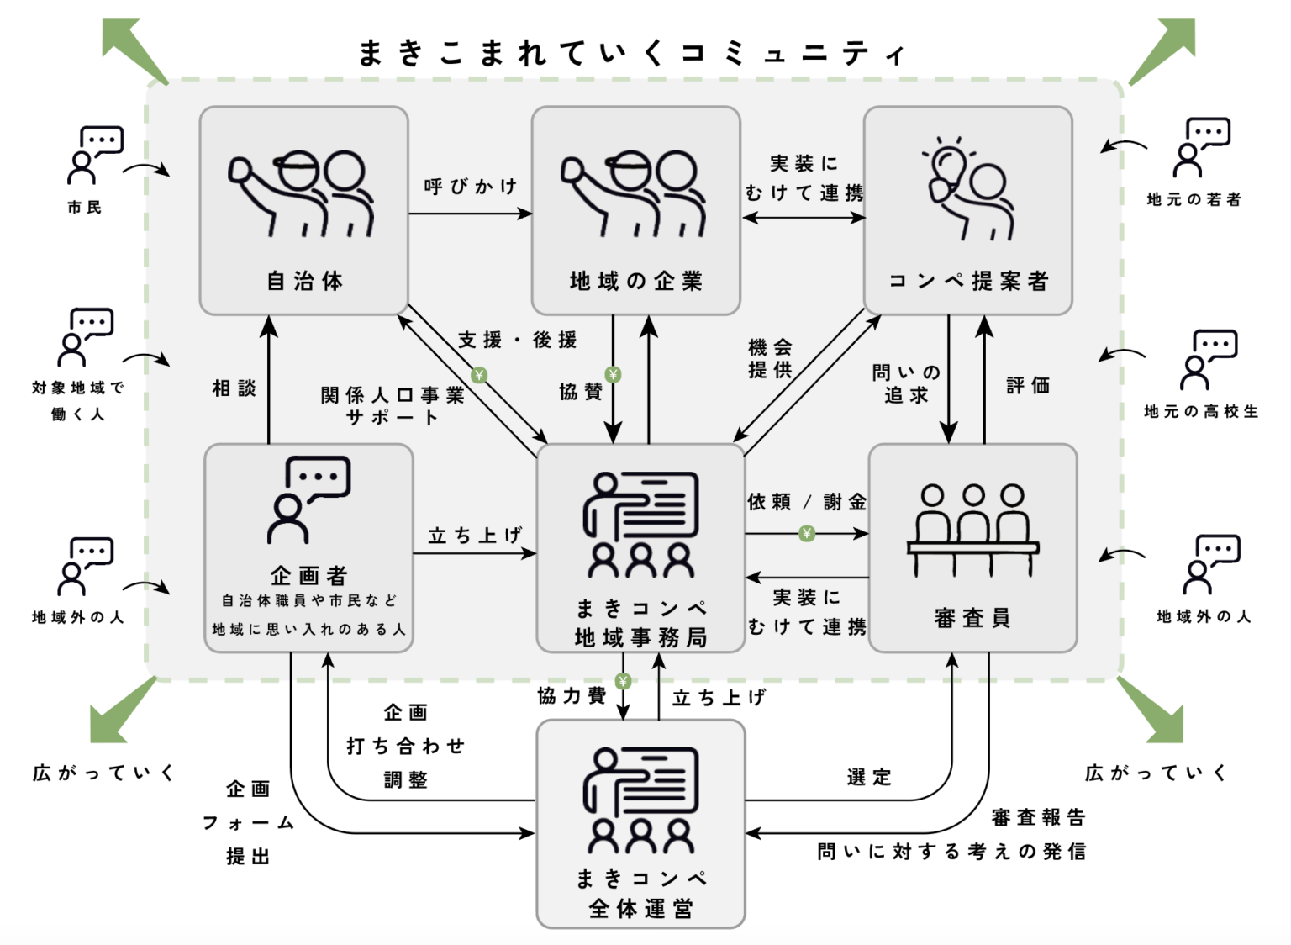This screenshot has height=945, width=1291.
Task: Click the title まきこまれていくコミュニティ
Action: click(632, 53)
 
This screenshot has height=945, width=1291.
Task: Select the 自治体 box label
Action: click(304, 281)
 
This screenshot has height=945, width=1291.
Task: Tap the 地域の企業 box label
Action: click(635, 281)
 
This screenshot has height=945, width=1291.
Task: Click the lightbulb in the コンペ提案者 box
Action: click(947, 164)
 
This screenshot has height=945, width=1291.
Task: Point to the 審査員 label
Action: click(972, 618)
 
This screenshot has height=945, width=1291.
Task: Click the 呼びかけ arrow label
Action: click(471, 187)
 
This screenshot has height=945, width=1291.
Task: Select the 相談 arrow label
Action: click(234, 388)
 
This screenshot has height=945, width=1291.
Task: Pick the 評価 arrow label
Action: click(1028, 385)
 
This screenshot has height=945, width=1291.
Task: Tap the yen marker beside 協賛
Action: click(613, 374)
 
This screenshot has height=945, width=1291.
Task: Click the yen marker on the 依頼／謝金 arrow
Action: click(807, 533)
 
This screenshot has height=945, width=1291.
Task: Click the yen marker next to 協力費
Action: click(623, 680)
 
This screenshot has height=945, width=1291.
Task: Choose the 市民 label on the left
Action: click(84, 207)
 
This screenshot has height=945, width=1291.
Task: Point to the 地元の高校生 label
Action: click(1201, 411)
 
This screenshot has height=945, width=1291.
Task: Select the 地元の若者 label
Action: click(1194, 199)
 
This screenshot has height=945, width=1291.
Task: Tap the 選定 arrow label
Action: click(869, 777)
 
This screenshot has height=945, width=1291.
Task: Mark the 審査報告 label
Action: click(1038, 816)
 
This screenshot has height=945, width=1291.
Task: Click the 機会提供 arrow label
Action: click(770, 358)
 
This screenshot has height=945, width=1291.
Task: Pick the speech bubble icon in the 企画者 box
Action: click(318, 477)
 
